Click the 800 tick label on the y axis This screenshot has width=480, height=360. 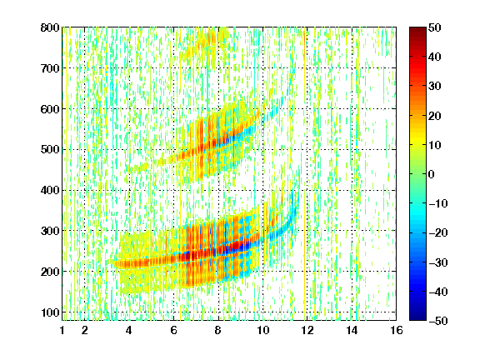[x=50, y=27]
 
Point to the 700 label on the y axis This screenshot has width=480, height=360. [x=50, y=68]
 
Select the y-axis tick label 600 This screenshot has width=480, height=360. [x=50, y=109]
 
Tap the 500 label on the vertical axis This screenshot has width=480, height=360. [x=50, y=150]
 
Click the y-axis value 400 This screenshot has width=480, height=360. [x=50, y=190]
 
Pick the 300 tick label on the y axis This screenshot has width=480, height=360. [x=50, y=231]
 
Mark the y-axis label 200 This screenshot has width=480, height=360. [x=50, y=272]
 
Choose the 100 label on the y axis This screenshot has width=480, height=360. [x=50, y=312]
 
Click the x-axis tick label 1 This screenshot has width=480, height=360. [x=62, y=330]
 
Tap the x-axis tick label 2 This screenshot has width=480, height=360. [x=85, y=330]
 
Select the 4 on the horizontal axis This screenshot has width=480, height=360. [x=129, y=330]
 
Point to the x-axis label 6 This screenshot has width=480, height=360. [x=173, y=330]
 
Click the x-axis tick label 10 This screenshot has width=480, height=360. [x=263, y=330]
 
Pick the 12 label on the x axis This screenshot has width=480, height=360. [x=307, y=330]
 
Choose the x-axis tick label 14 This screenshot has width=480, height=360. [x=352, y=330]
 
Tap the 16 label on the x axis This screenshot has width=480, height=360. [x=397, y=330]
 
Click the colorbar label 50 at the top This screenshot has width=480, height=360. [x=435, y=27]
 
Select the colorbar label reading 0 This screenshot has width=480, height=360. [x=432, y=174]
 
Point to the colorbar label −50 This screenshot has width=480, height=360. [x=438, y=321]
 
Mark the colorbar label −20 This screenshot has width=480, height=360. [x=438, y=233]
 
